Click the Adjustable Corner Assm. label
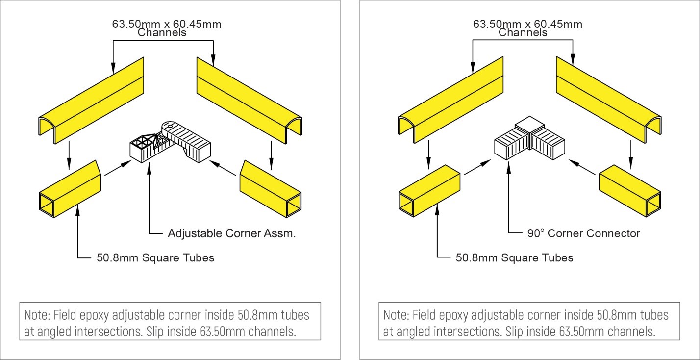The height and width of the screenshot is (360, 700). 231,233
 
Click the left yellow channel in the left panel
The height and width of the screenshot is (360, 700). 92,101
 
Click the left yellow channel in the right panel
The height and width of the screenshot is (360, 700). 451,101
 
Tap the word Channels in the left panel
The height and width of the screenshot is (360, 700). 162,33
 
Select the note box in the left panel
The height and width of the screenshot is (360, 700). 170,321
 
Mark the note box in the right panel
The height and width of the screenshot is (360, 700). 529,321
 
